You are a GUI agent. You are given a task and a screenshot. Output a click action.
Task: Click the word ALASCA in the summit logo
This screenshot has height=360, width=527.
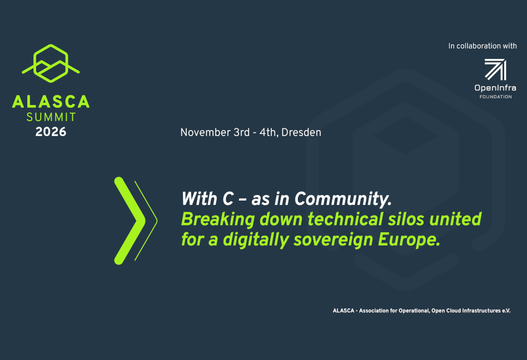(x=51, y=102)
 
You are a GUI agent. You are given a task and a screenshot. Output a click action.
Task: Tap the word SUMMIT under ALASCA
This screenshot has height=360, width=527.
(x=51, y=117)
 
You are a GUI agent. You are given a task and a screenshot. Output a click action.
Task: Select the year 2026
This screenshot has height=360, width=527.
(x=51, y=132)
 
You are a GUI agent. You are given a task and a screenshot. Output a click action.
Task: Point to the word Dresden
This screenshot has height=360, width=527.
(x=301, y=133)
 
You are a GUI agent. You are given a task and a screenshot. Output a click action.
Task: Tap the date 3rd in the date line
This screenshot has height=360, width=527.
(x=242, y=133)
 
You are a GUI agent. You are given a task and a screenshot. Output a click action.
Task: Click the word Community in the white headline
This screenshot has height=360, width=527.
(x=343, y=199)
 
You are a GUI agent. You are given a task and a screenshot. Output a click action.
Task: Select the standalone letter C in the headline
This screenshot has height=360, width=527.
(x=228, y=199)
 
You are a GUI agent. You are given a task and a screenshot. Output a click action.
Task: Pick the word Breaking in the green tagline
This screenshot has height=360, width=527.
(x=218, y=219)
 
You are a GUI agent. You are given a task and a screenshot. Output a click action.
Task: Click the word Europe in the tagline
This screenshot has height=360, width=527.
(x=409, y=240)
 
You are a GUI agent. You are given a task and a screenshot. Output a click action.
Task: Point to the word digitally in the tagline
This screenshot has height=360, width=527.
(x=256, y=240)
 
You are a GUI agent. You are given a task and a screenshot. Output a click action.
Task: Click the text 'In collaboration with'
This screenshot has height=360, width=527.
(x=483, y=46)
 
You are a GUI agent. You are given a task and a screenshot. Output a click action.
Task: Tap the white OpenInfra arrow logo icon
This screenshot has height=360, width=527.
(x=495, y=69)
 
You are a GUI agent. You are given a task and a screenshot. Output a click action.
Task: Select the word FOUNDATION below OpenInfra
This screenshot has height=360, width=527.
(x=496, y=97)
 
